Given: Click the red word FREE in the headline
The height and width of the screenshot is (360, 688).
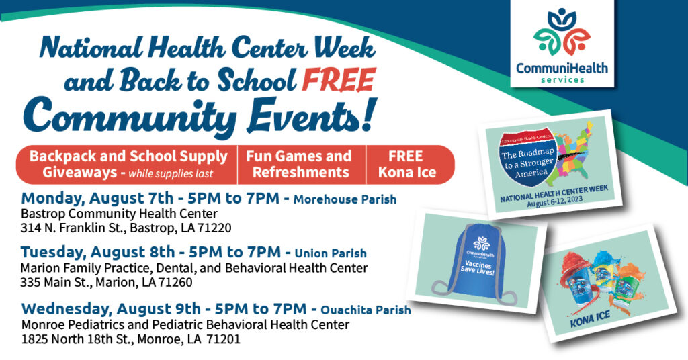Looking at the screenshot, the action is point(339,80).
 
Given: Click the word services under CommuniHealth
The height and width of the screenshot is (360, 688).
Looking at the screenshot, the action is point(562,80).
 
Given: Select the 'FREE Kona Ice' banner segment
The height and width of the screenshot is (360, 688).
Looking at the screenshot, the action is point(406,165).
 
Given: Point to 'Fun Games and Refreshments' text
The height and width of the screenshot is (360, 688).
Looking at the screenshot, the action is point(300,165).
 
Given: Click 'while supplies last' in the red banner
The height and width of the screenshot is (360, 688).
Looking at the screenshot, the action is point(171,174).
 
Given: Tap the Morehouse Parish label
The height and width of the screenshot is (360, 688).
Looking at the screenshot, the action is point(345,199).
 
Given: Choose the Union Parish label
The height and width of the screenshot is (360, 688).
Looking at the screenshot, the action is point(331,253).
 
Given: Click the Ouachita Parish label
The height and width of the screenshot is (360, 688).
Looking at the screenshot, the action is point(365,310).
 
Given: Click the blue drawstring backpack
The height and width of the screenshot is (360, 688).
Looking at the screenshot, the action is point(476,263).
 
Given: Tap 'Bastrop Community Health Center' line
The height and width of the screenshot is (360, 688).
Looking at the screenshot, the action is point(119,214).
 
